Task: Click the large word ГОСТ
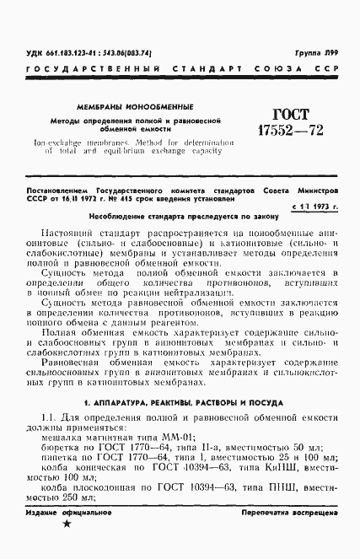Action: click(275, 116)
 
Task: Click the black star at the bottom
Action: click(67, 548)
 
